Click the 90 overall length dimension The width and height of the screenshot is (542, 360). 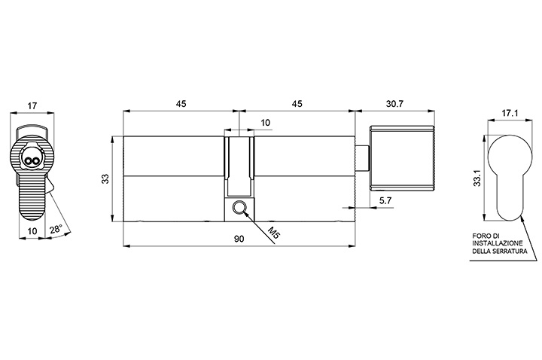pyautogui.click(x=239, y=239)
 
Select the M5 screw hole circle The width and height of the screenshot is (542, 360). pyautogui.click(x=239, y=208)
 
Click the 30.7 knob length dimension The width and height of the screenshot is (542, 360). pyautogui.click(x=394, y=104)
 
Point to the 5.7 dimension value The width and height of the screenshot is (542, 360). pyautogui.click(x=385, y=200)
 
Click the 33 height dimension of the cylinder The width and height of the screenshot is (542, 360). pyautogui.click(x=105, y=178)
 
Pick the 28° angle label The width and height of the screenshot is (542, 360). pyautogui.click(x=56, y=230)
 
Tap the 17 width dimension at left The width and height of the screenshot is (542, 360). pyautogui.click(x=32, y=106)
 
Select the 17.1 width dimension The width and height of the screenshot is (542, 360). pyautogui.click(x=510, y=113)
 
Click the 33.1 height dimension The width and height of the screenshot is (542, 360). pyautogui.click(x=477, y=178)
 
